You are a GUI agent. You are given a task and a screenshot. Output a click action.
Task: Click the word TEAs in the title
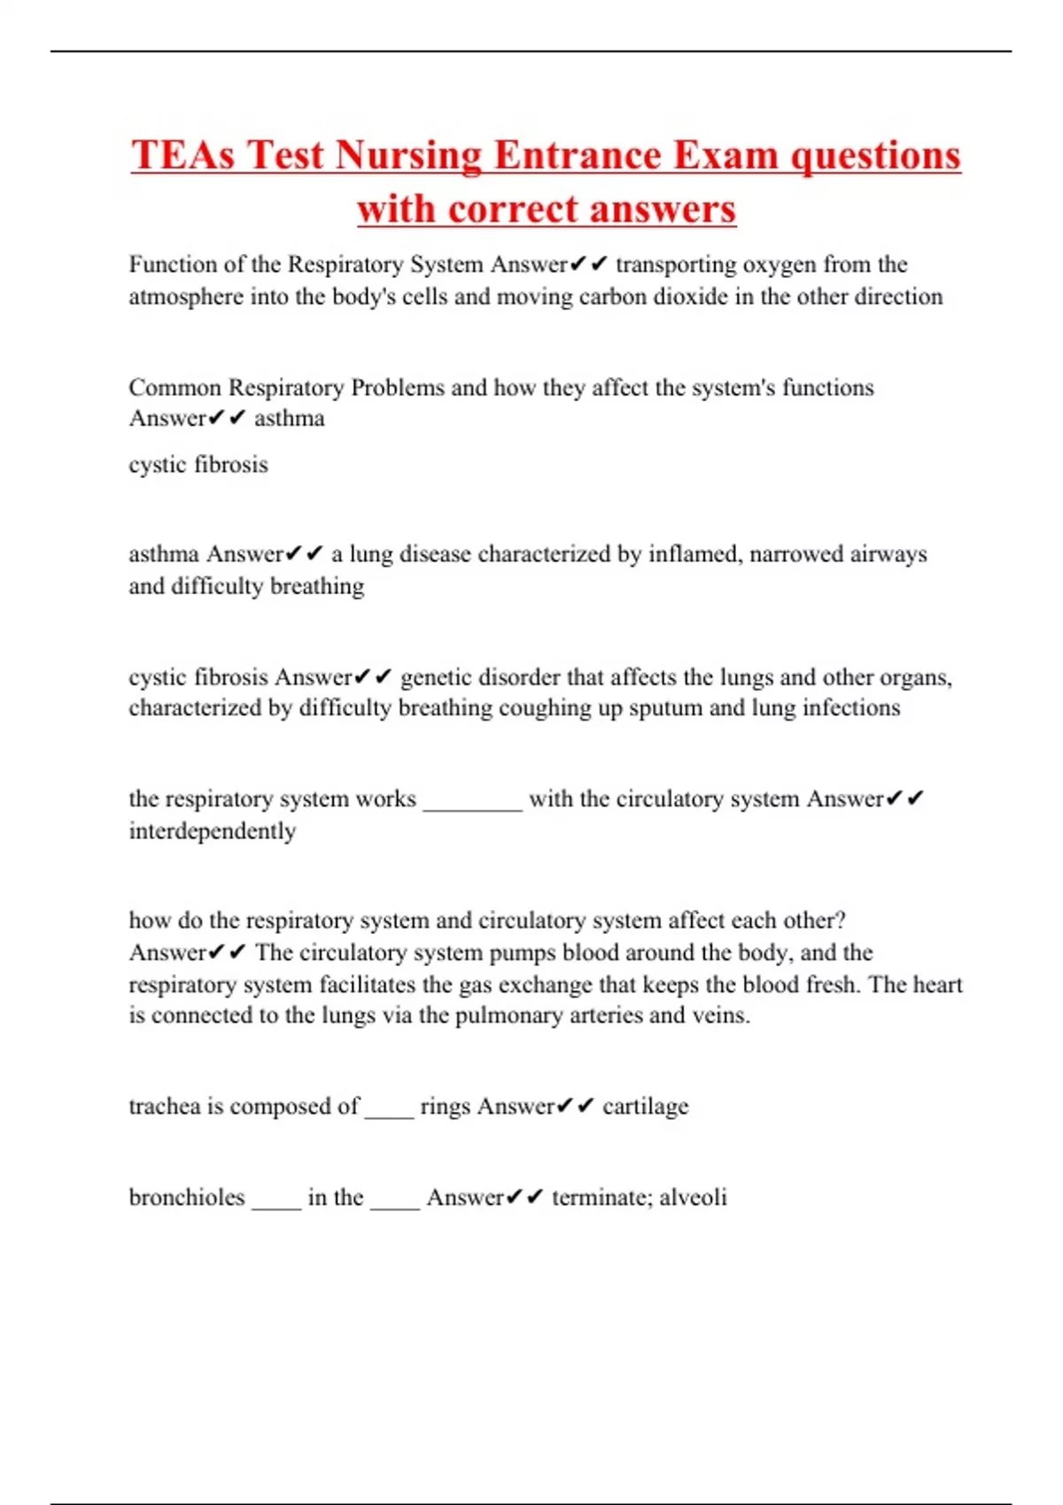click(183, 155)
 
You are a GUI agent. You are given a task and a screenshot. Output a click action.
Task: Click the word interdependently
click(213, 831)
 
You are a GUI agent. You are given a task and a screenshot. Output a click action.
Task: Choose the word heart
click(936, 984)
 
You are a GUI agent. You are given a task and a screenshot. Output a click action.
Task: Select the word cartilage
click(645, 1107)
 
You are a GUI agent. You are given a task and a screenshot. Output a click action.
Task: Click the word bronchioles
click(187, 1197)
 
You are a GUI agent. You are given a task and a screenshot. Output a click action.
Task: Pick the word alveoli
click(693, 1197)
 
